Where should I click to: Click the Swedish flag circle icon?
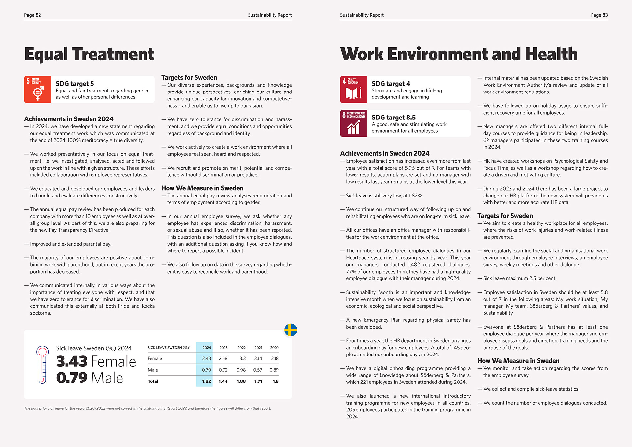[291, 330]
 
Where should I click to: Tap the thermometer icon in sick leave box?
[42, 364]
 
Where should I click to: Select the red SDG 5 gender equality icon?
[38, 90]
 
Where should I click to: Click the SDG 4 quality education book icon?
[354, 90]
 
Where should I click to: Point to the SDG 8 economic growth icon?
[354, 123]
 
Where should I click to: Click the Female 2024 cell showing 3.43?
[206, 358]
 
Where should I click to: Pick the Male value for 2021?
[258, 370]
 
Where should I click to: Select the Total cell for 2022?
[241, 381]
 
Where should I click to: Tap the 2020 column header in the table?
[274, 348]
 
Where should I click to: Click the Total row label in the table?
[153, 381]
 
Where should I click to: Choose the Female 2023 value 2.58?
[223, 358]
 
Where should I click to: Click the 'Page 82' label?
[33, 15]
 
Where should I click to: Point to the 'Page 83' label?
[599, 15]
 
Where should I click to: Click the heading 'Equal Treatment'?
[89, 54]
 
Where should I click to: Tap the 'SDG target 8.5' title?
[393, 118]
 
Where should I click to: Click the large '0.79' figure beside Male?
[71, 378]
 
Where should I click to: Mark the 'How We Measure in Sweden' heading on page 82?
[202, 188]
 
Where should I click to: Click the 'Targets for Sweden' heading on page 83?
[505, 216]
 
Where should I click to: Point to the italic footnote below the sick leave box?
[147, 408]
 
